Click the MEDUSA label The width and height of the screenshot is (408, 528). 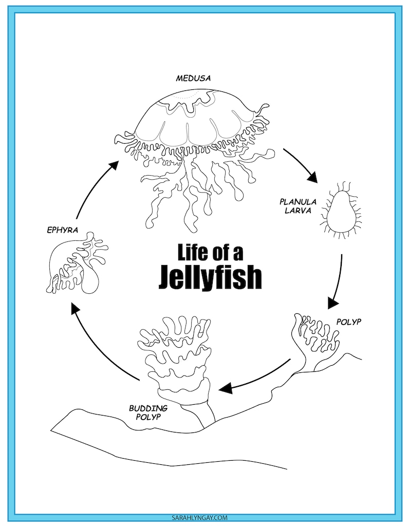(193, 79)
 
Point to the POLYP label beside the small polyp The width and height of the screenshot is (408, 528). (349, 322)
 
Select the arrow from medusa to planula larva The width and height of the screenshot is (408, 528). (301, 165)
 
